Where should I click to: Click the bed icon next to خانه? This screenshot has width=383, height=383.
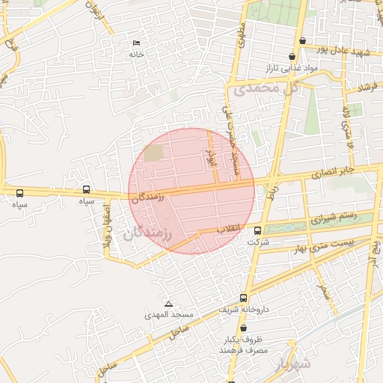136,43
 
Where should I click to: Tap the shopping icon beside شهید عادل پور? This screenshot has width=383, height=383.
301,40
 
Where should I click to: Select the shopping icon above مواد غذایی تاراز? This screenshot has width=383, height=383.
292,56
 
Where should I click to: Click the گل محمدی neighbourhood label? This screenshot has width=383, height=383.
266,88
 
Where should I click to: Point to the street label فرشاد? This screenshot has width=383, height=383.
368,88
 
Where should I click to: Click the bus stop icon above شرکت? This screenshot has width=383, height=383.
258,230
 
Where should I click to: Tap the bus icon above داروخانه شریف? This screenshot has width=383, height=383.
244,298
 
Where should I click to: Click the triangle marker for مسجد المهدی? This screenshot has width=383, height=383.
168,304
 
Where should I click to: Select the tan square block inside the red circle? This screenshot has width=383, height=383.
153,153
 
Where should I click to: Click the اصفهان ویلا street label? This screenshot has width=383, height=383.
103,224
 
